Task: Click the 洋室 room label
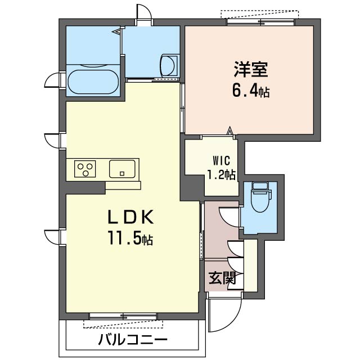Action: pos(251,70)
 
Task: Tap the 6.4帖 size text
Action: pos(251,90)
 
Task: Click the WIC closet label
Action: pos(220,159)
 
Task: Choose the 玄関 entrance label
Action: pos(222,278)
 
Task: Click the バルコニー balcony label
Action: pos(133,340)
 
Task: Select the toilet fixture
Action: pos(259,196)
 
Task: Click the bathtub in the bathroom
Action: pos(93,81)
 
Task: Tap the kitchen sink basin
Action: pos(122,168)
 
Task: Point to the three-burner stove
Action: pos(85,169)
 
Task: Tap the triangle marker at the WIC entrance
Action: pos(229,132)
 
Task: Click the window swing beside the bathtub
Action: pos(53,80)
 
